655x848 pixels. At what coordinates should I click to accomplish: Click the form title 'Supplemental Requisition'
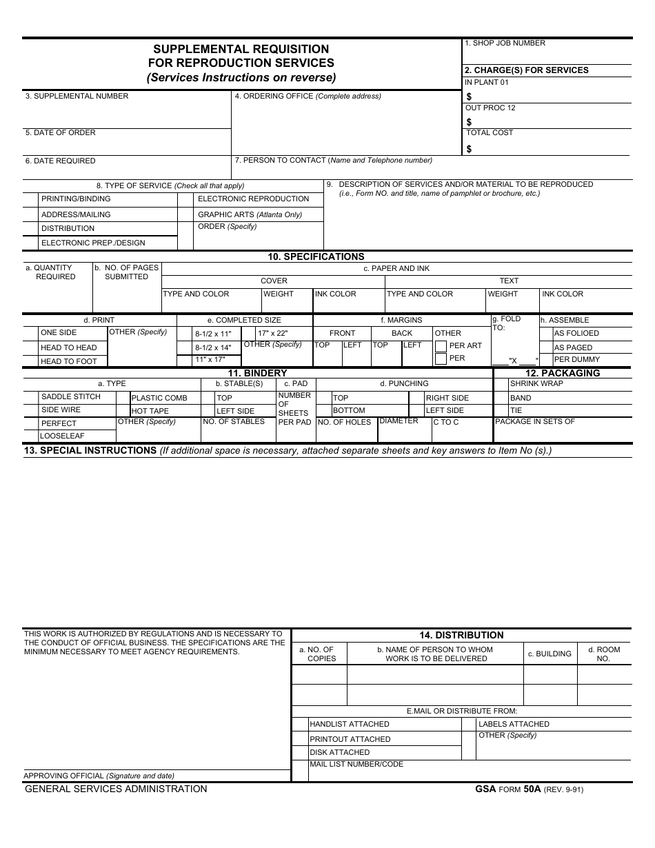click(x=241, y=49)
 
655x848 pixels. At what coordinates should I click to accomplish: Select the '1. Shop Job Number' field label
click(x=505, y=43)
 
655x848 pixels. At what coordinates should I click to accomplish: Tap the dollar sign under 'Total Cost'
click(x=470, y=148)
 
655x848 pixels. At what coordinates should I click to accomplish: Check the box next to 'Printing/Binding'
click(x=30, y=199)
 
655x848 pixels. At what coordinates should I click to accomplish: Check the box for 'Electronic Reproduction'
click(x=185, y=199)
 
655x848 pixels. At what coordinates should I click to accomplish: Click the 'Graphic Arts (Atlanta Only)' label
click(x=250, y=214)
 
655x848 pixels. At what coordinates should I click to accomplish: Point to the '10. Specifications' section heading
click(x=316, y=256)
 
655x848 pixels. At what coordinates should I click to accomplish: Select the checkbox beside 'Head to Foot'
click(x=30, y=361)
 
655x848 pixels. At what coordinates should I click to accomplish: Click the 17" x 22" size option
click(x=272, y=333)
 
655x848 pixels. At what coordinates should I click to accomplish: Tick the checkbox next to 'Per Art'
click(x=441, y=346)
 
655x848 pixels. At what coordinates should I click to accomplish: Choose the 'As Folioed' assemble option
click(x=576, y=333)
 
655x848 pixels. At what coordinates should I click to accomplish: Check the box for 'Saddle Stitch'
click(x=30, y=397)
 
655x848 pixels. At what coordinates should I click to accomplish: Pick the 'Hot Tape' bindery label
click(x=150, y=411)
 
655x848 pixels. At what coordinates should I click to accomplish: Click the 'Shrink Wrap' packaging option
click(x=536, y=383)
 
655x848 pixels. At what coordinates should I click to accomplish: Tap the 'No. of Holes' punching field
click(x=344, y=422)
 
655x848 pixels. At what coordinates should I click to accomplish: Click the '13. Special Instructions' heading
click(x=90, y=450)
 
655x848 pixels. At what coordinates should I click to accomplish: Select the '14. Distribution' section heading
click(x=461, y=635)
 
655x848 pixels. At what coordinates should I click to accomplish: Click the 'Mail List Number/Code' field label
click(x=356, y=764)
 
